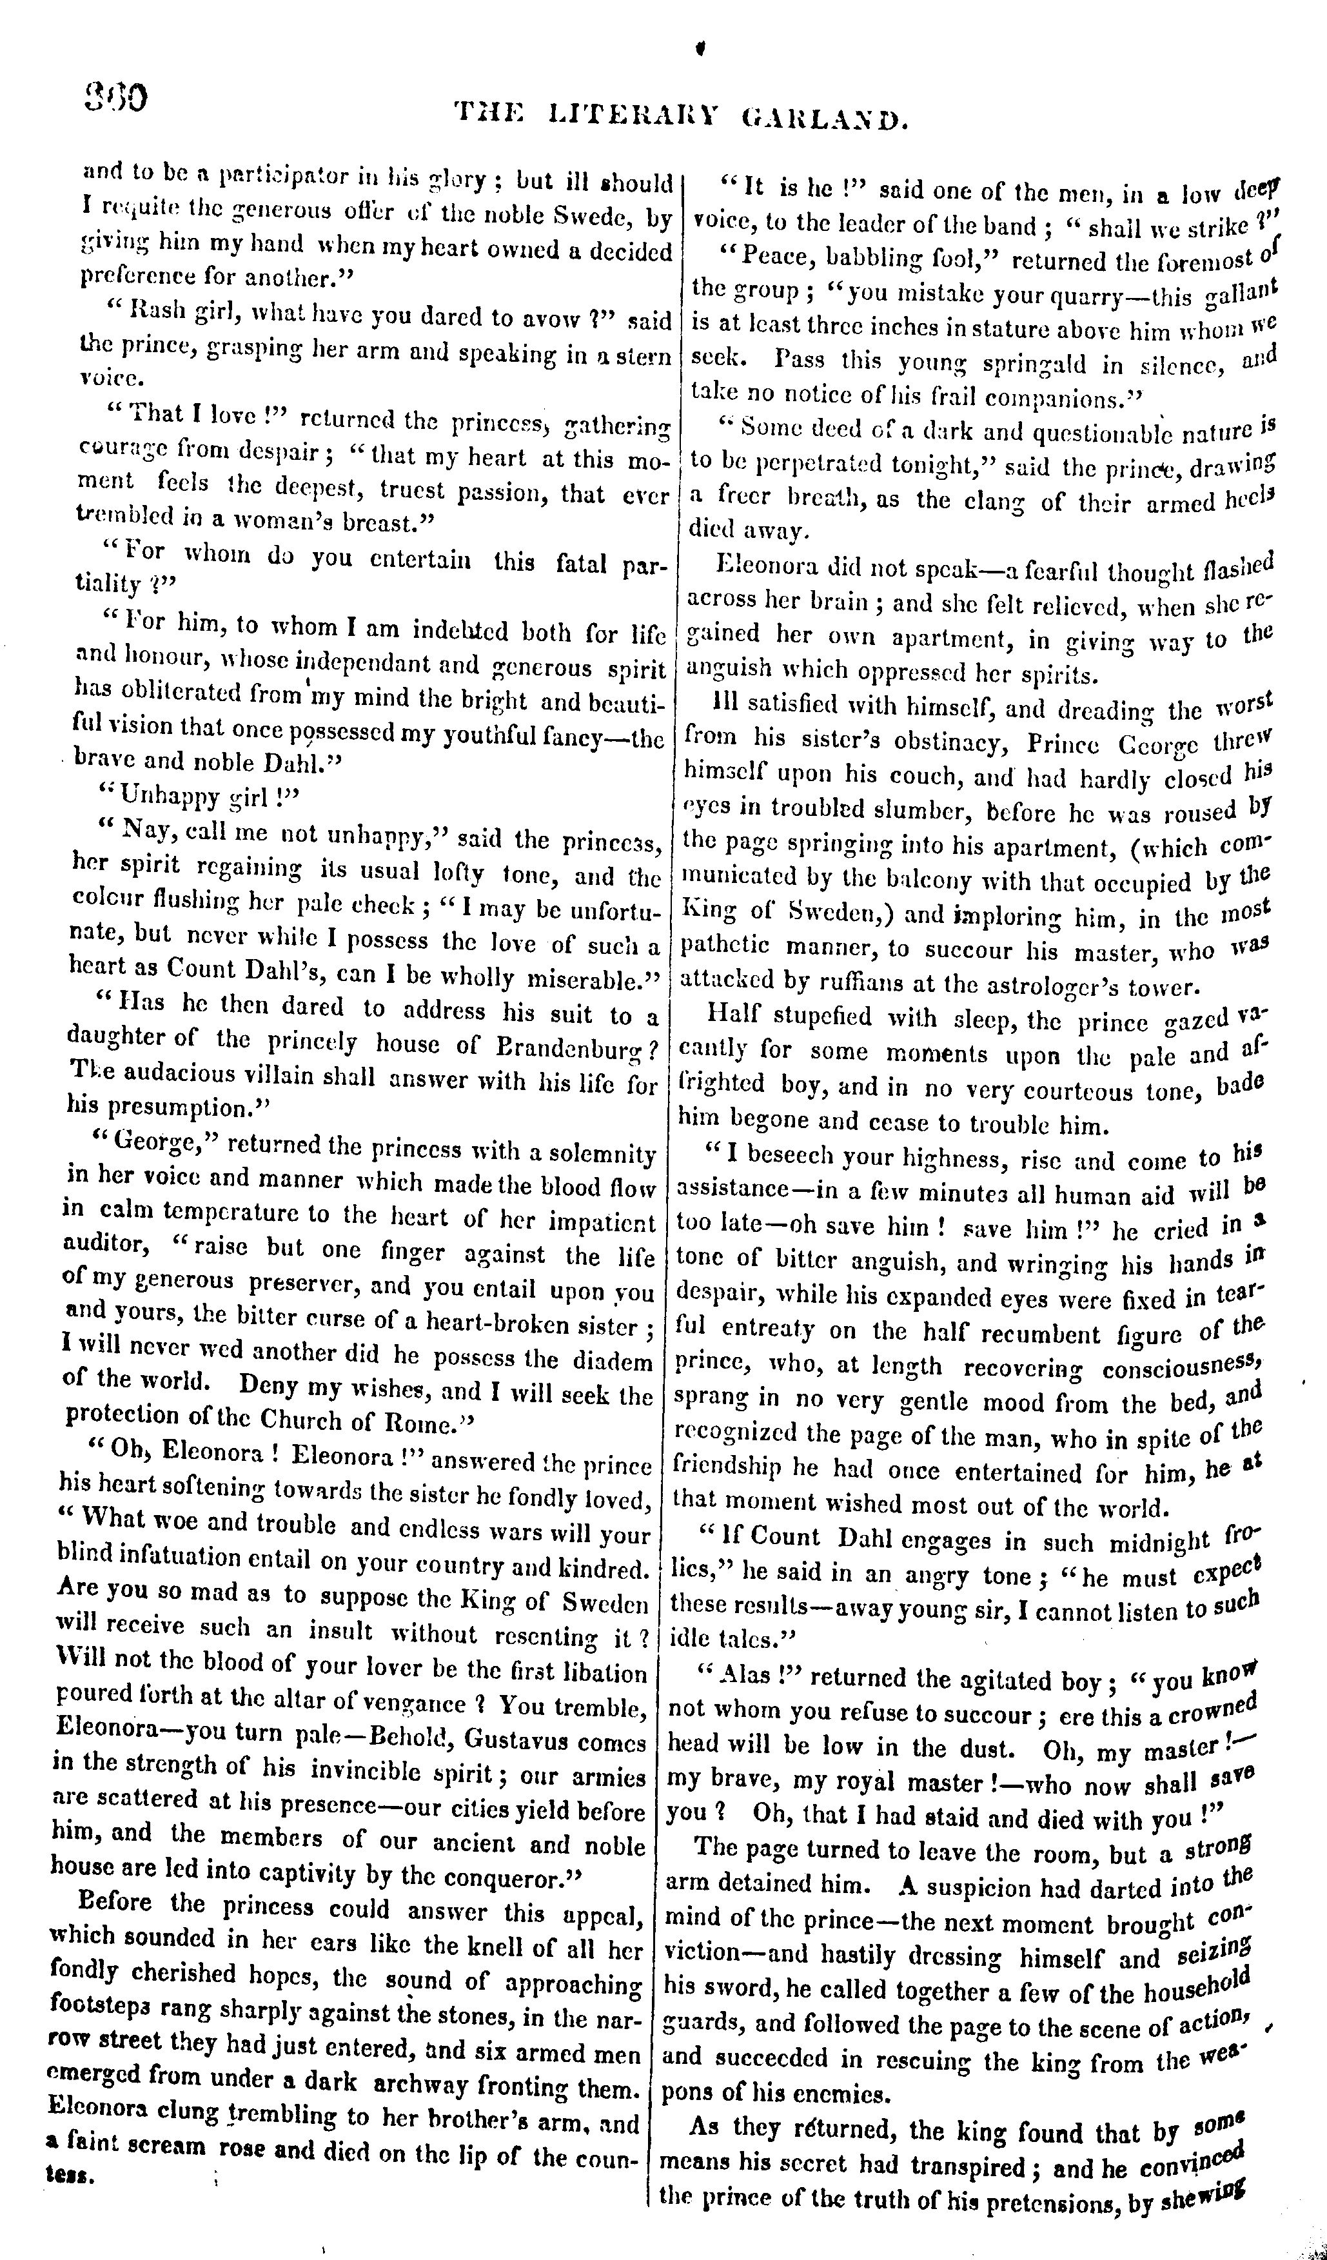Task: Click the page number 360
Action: (x=117, y=97)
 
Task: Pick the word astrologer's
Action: (x=1048, y=987)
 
